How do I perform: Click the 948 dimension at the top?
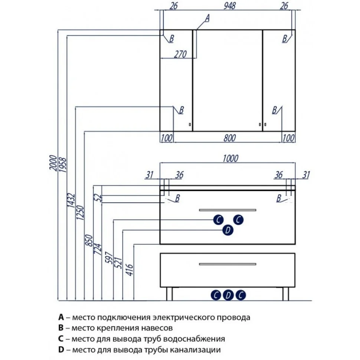[230, 6]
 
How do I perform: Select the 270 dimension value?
[180, 54]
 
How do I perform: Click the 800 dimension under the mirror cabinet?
[230, 138]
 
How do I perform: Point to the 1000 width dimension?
[230, 158]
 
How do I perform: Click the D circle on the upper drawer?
[228, 231]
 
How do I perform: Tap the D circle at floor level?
[229, 295]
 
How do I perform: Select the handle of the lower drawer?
[228, 264]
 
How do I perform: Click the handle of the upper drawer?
[228, 210]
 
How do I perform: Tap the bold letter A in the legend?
[61, 318]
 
